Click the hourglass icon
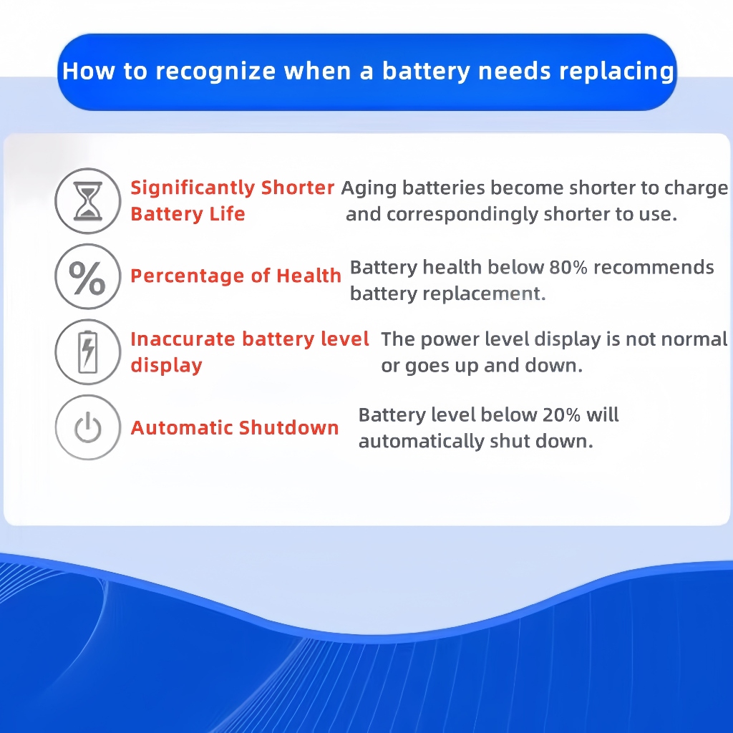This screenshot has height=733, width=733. (88, 200)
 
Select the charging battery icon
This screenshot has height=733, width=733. (88, 351)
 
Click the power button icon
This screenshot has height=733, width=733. (88, 427)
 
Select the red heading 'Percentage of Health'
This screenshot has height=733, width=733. (236, 276)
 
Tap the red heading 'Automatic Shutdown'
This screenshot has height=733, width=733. (235, 427)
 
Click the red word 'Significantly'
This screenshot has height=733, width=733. (193, 188)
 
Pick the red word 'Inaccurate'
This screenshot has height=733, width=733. (183, 339)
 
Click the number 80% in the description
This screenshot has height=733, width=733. (568, 268)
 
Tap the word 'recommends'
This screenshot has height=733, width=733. (654, 268)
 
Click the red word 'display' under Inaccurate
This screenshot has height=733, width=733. (166, 366)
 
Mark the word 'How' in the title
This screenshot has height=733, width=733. (88, 71)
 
